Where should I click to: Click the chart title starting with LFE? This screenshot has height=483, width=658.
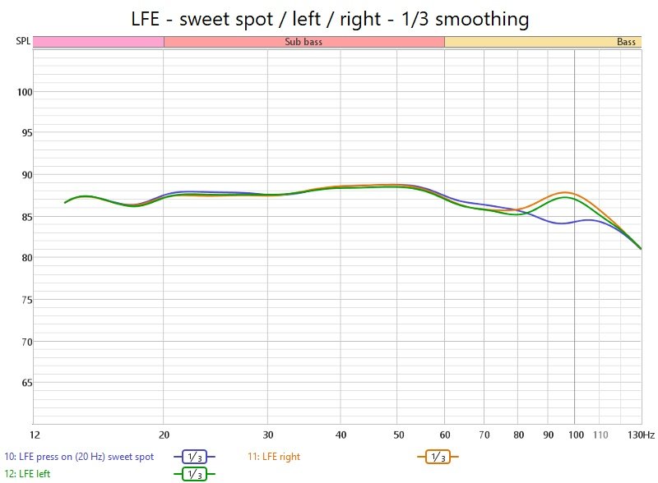[329, 17]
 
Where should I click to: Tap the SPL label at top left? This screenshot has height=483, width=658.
[22, 41]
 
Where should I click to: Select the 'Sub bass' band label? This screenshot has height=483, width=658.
[304, 42]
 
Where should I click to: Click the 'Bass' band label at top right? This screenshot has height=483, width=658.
[626, 42]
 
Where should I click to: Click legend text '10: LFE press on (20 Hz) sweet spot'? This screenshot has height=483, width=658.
[79, 456]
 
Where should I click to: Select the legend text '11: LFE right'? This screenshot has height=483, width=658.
[274, 456]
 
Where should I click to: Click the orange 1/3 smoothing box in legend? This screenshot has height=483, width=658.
[438, 457]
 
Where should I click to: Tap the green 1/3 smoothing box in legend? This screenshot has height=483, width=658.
[194, 474]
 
